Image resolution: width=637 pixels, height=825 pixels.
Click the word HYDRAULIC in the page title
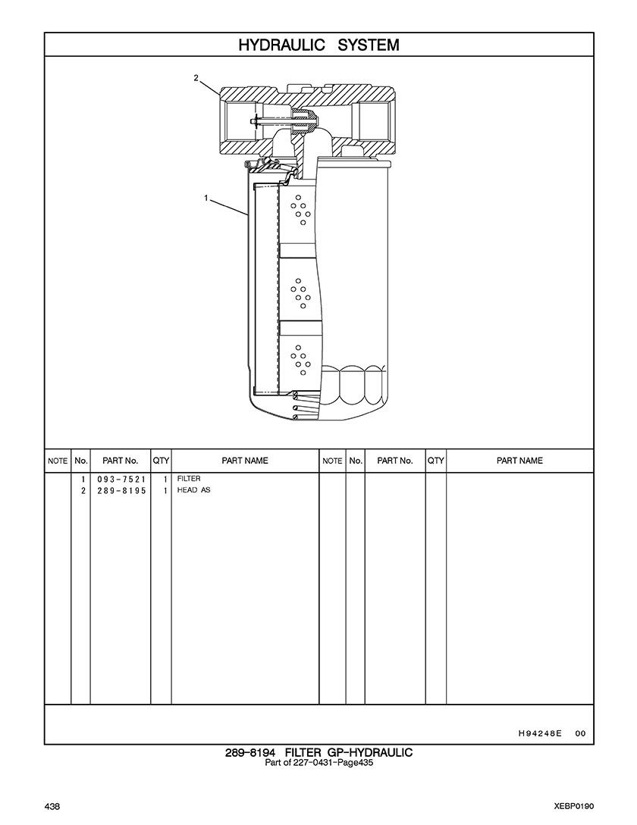(x=282, y=45)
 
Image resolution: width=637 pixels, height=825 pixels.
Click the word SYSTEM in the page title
(x=369, y=45)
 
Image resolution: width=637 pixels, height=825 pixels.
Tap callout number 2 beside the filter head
(x=196, y=78)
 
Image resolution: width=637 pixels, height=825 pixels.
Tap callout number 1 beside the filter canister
(x=206, y=198)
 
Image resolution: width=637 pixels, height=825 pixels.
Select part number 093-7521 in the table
(x=121, y=480)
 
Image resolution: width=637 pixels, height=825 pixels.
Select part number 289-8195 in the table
(x=121, y=491)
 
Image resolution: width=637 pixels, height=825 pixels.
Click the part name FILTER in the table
(x=189, y=479)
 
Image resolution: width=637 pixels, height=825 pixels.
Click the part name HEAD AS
(x=193, y=490)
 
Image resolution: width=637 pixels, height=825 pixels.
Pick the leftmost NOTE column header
(x=58, y=461)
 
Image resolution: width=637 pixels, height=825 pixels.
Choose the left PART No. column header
(x=120, y=461)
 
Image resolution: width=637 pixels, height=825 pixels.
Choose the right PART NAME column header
(x=519, y=461)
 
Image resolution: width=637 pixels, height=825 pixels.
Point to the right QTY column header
(x=436, y=461)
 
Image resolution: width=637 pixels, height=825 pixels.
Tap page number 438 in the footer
(x=52, y=806)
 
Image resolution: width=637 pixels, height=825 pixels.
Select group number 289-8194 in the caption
(x=250, y=753)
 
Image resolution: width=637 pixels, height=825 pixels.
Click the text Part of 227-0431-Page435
(x=318, y=762)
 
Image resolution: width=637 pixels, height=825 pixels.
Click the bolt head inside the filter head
(x=255, y=122)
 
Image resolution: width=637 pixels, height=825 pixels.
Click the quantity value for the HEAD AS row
(x=165, y=491)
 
